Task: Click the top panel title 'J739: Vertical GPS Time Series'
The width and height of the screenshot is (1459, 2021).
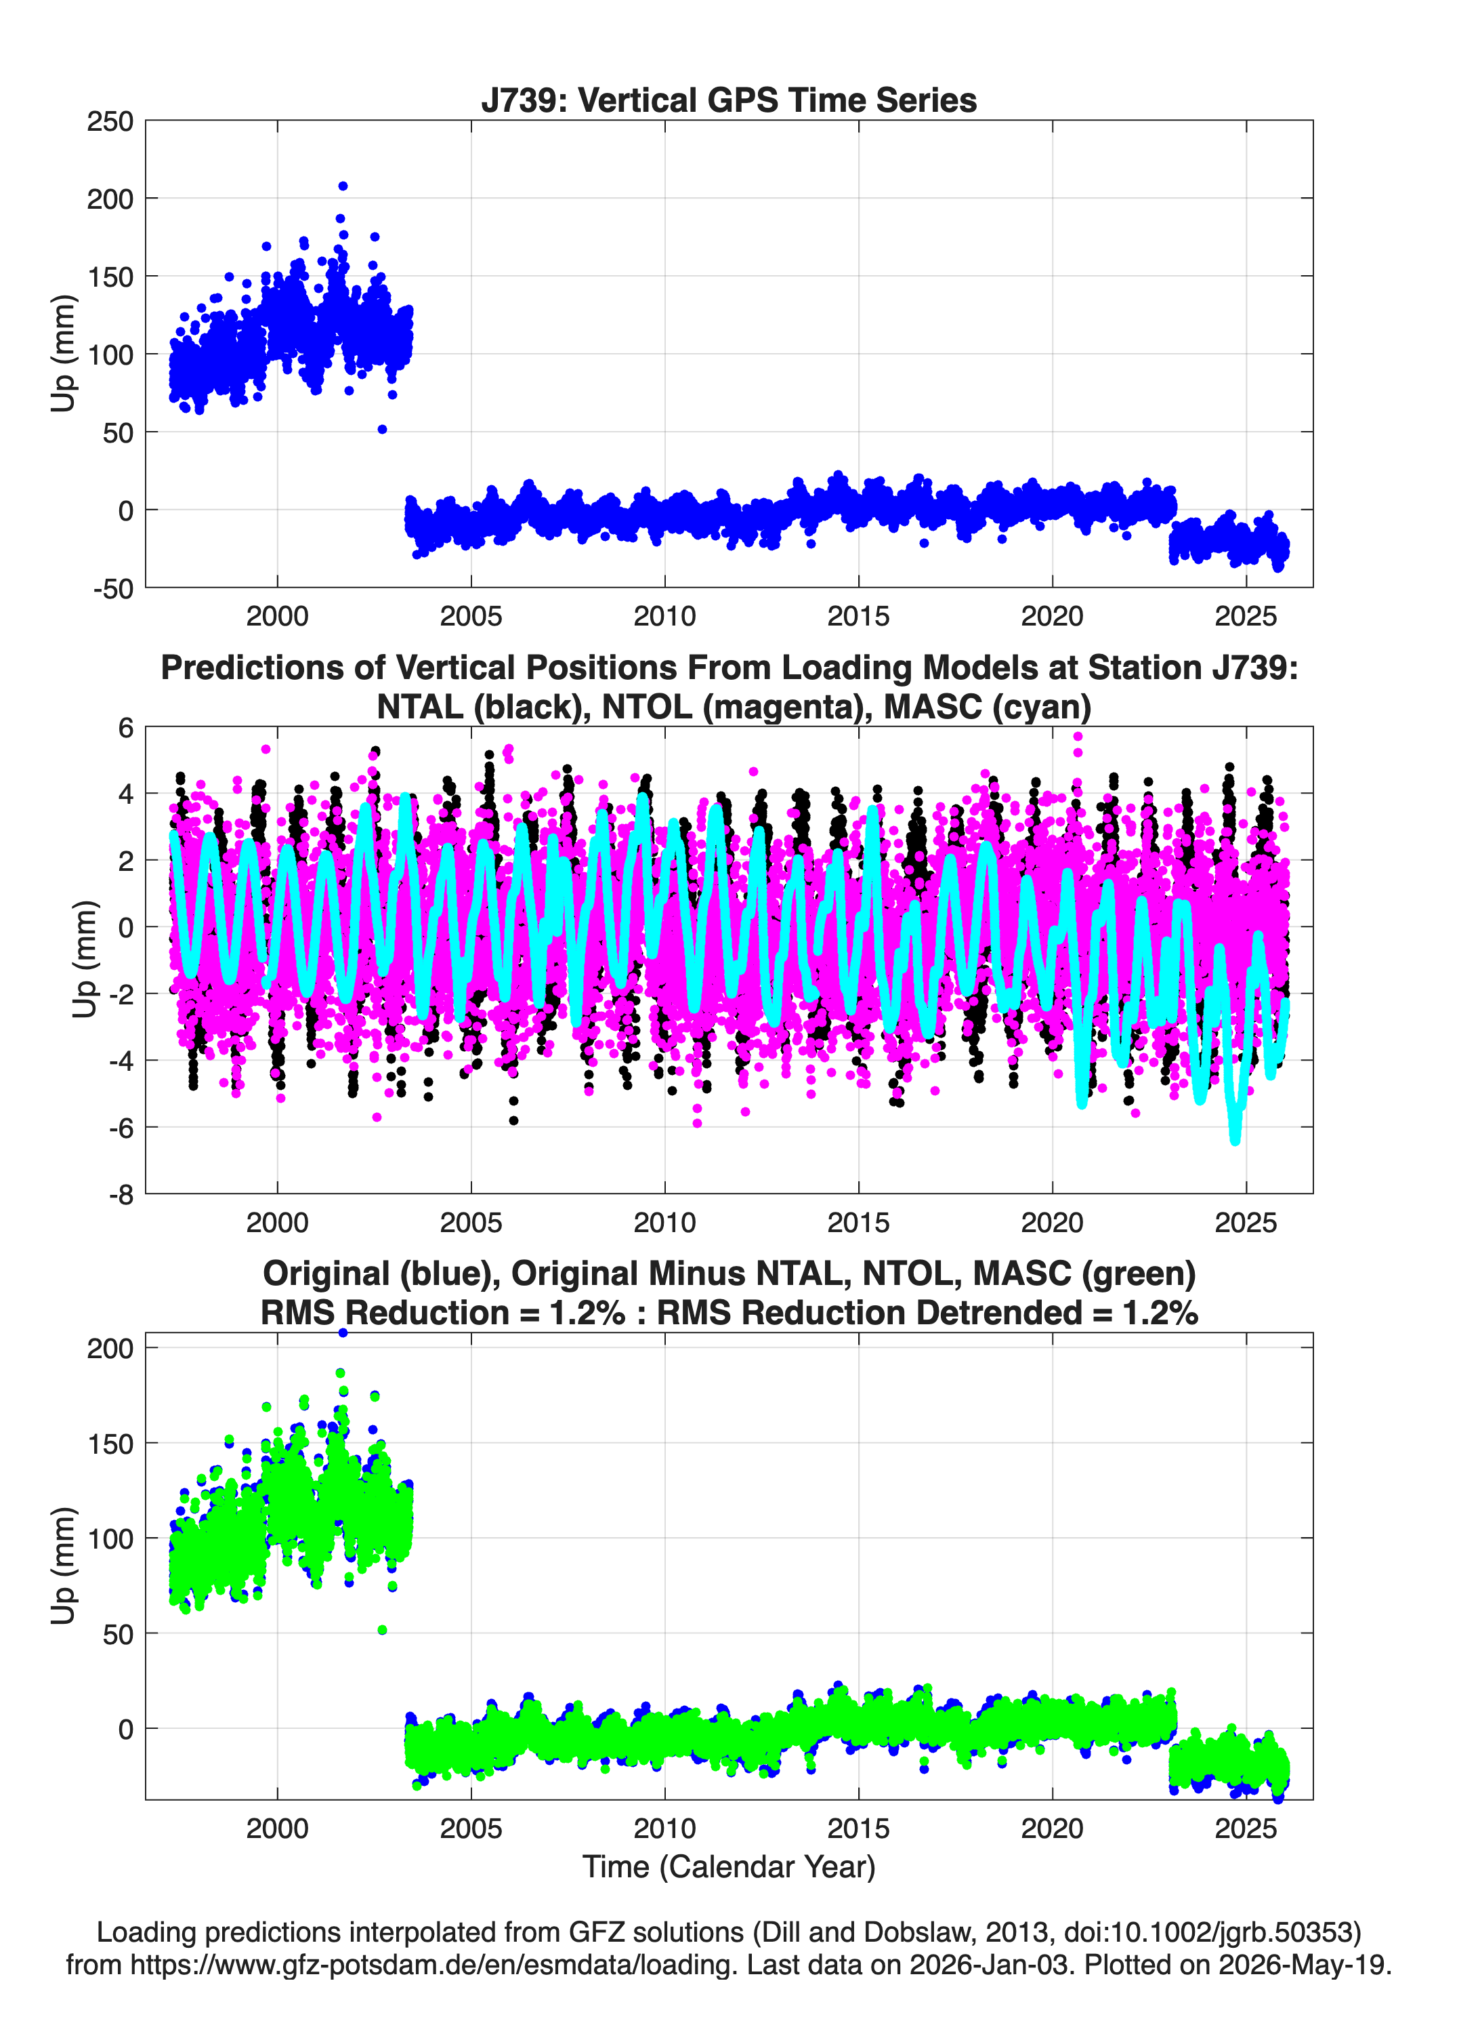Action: (x=729, y=100)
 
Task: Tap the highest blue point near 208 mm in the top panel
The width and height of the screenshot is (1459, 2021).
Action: (x=343, y=186)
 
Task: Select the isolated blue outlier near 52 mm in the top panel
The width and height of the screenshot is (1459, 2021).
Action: (x=382, y=430)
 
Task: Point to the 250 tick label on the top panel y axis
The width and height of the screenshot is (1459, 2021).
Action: (x=110, y=121)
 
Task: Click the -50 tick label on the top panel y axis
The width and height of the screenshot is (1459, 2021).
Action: (x=113, y=588)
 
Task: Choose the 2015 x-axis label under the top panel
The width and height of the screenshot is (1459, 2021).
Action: (x=859, y=616)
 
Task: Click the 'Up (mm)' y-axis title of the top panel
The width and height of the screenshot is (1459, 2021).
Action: (x=62, y=354)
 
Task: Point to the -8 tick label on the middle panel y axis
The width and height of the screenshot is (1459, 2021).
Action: (x=121, y=1194)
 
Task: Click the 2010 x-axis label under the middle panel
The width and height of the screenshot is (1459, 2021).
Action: (x=664, y=1222)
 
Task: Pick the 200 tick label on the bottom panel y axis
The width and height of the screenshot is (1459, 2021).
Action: (x=110, y=1348)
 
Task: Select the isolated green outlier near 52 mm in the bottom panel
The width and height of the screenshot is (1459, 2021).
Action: (x=382, y=1630)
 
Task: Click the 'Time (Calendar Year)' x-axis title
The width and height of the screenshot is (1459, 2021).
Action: (x=729, y=1867)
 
